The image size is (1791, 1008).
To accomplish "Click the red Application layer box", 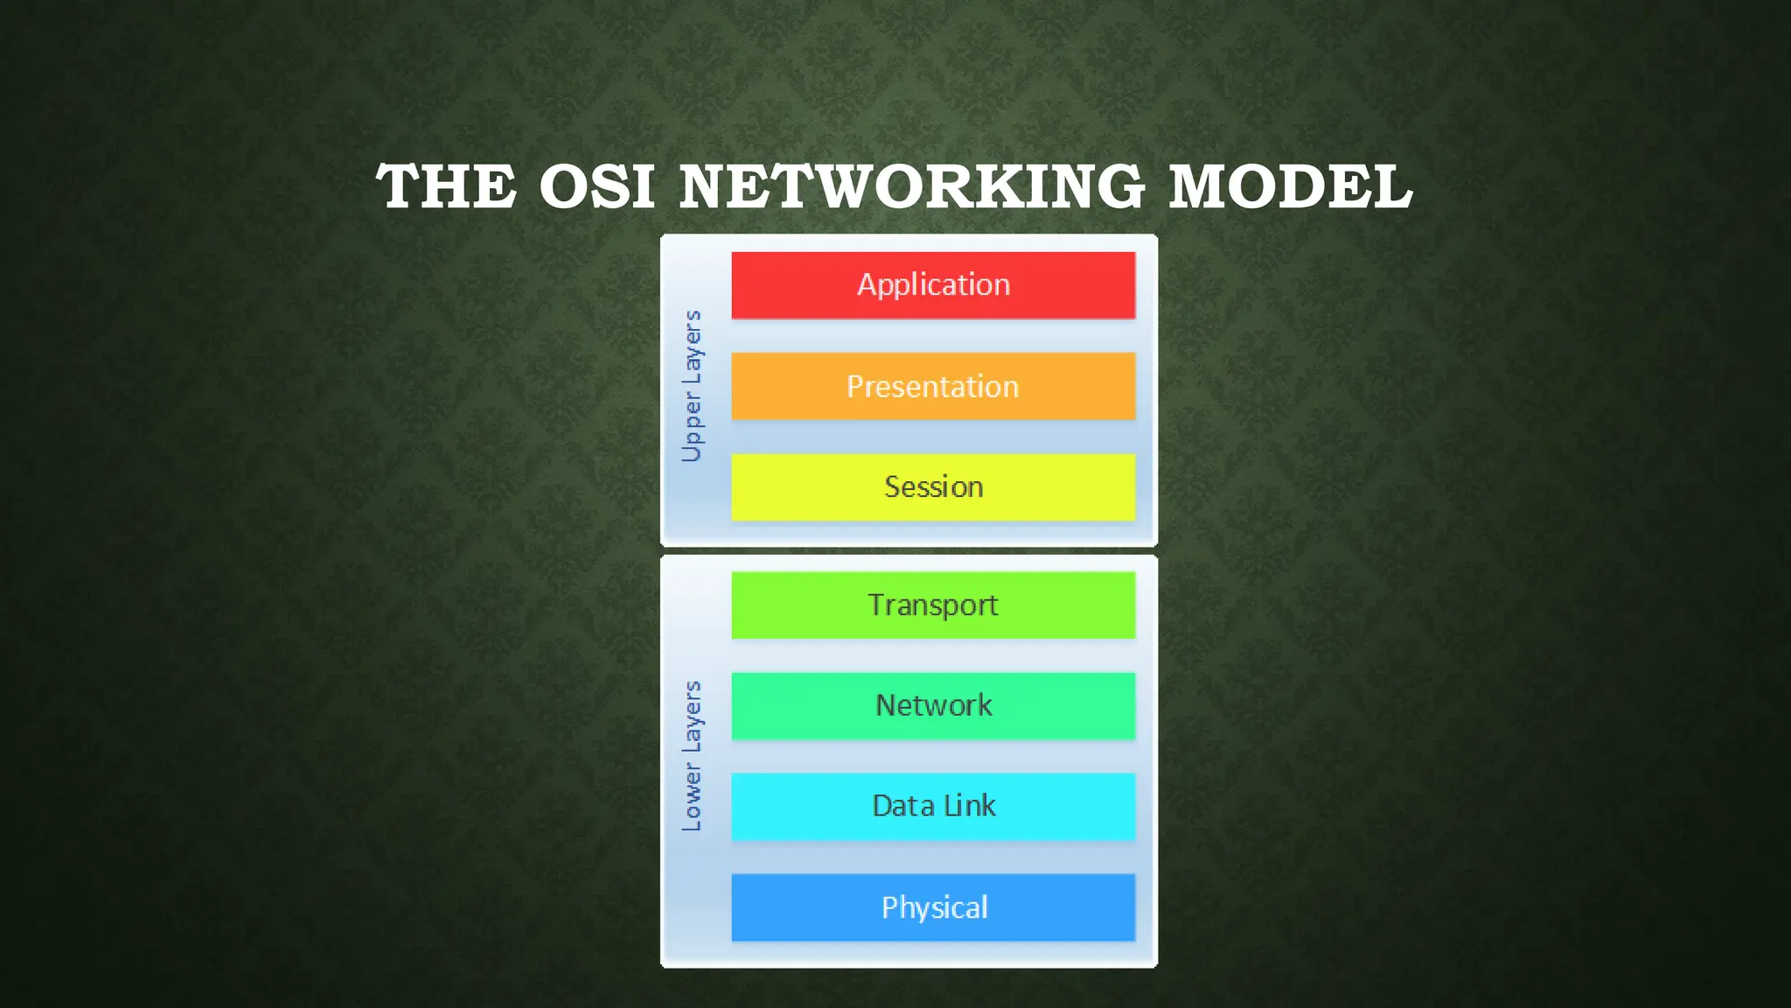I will tap(933, 285).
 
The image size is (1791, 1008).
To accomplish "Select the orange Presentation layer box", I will tap(933, 386).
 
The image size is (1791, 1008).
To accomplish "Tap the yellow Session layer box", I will tap(933, 486).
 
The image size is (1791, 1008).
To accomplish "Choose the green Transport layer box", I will tap(933, 605).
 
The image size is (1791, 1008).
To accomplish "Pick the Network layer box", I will tap(933, 705).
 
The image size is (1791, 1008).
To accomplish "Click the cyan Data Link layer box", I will tap(933, 806).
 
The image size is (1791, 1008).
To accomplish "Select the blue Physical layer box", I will tap(933, 907).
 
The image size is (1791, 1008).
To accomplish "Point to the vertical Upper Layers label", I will tap(692, 386).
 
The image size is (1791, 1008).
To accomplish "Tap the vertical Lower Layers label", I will tap(692, 756).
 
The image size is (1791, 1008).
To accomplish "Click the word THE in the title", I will tap(446, 187).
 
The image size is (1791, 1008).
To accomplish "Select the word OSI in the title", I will tap(596, 187).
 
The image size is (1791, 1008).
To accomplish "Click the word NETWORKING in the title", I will tap(911, 187).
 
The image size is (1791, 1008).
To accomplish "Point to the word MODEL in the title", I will tap(1290, 187).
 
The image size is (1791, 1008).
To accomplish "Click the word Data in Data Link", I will tap(903, 806).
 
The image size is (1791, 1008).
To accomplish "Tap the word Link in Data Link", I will tap(970, 806).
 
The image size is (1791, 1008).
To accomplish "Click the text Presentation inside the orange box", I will tap(933, 387).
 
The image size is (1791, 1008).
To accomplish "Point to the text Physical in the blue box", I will tap(934, 908).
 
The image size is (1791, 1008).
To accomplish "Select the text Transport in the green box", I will tap(933, 605).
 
